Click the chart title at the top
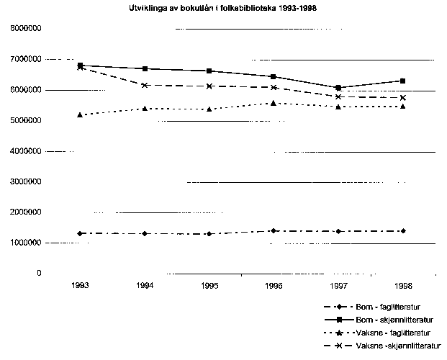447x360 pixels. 223,11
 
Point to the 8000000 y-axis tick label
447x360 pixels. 25,28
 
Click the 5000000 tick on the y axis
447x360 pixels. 25,121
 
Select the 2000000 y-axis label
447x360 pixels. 25,212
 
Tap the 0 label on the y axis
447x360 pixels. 39,274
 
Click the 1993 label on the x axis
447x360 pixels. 81,286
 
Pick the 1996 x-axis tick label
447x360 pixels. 274,286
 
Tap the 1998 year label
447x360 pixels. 402,286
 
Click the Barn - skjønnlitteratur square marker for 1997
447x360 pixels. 338,88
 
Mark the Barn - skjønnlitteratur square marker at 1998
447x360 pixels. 402,81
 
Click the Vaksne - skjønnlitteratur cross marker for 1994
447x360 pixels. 145,85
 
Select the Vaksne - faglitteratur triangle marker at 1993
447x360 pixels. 81,114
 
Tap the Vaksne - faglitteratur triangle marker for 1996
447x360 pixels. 274,103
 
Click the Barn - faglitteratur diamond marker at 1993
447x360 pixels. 81,233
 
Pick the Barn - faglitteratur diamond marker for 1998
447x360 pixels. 402,230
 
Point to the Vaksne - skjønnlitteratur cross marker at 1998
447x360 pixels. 402,97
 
